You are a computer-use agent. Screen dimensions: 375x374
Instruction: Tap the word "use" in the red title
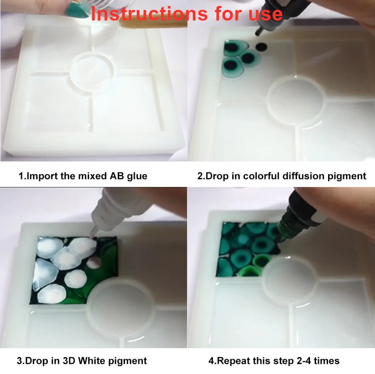(266, 14)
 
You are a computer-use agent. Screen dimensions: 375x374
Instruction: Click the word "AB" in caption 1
(117, 176)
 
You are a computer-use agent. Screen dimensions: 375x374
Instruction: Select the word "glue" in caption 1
(137, 176)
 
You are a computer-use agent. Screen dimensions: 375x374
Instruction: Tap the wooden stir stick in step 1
(153, 23)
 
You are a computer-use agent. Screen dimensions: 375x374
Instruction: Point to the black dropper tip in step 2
(259, 32)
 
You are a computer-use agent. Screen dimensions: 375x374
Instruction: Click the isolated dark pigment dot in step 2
(261, 47)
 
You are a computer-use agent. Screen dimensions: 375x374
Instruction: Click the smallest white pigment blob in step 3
(93, 263)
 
